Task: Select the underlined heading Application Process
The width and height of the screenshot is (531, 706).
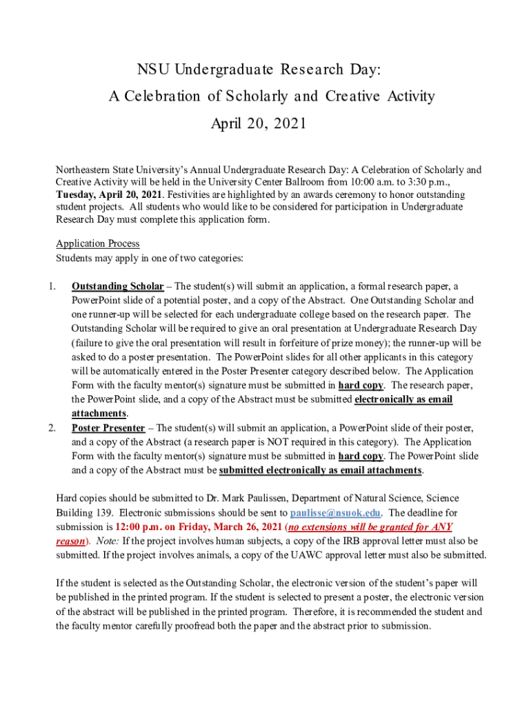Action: pos(97,243)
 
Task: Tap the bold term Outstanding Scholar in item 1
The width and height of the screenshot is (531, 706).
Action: pos(117,286)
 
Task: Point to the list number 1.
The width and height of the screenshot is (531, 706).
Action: pos(52,286)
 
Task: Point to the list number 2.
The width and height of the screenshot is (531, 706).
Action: pos(52,427)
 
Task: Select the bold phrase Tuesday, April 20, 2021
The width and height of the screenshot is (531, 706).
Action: pos(108,194)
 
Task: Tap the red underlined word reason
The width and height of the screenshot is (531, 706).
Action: pos(70,541)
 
